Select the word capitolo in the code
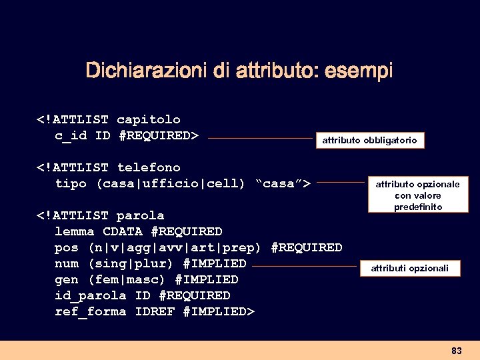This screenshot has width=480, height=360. (149, 120)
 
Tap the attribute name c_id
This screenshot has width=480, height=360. (71, 136)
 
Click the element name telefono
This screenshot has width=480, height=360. (149, 167)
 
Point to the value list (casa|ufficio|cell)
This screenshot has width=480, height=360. (171, 183)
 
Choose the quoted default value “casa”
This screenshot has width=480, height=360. (279, 183)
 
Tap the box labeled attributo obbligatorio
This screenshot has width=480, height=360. (370, 140)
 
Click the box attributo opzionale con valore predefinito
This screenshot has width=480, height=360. (417, 195)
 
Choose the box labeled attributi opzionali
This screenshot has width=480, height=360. (409, 269)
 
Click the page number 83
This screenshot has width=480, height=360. (457, 351)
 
